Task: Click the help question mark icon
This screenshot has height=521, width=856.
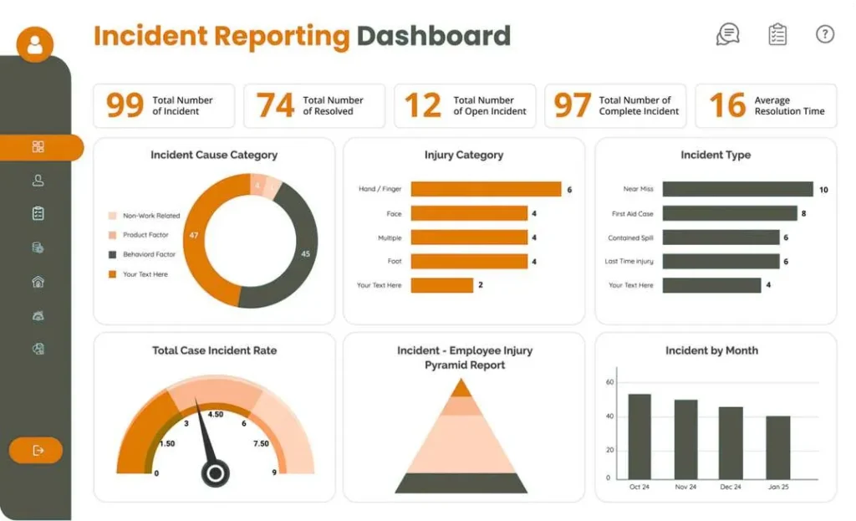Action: pyautogui.click(x=824, y=34)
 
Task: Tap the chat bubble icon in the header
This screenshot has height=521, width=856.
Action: pyautogui.click(x=728, y=34)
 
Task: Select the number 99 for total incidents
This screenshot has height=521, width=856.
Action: pyautogui.click(x=125, y=105)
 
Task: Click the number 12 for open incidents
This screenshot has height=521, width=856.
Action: pyautogui.click(x=423, y=105)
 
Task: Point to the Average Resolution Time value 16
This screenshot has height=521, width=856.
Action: pyautogui.click(x=726, y=105)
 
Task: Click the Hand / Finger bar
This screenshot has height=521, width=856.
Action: pyautogui.click(x=486, y=189)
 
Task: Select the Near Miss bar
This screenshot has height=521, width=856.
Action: pyautogui.click(x=736, y=189)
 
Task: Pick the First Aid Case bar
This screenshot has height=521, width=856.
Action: pyautogui.click(x=728, y=213)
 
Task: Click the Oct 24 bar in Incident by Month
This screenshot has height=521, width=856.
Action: pyautogui.click(x=639, y=437)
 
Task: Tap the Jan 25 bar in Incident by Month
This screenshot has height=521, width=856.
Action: pyautogui.click(x=777, y=447)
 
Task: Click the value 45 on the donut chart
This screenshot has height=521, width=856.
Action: pyautogui.click(x=306, y=253)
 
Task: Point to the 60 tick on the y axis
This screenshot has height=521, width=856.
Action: pyautogui.click(x=609, y=382)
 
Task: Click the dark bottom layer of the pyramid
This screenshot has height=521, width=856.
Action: pyautogui.click(x=461, y=483)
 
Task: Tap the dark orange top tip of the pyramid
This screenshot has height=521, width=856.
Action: pyautogui.click(x=461, y=389)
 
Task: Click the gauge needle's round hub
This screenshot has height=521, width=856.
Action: pyautogui.click(x=215, y=474)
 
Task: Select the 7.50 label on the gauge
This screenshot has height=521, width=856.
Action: pyautogui.click(x=261, y=443)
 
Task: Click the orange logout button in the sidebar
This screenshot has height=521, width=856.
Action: pyautogui.click(x=36, y=451)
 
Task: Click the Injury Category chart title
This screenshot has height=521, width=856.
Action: pyautogui.click(x=464, y=155)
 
